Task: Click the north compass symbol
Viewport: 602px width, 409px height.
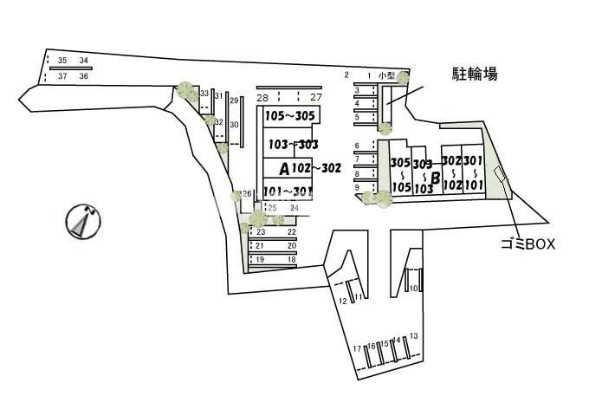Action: pos(81,222)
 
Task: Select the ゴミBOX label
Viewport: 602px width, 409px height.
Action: pos(528,244)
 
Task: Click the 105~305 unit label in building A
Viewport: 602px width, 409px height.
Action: pos(288,115)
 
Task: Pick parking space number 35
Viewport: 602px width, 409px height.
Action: pos(62,61)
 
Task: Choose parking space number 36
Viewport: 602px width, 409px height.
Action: pos(84,77)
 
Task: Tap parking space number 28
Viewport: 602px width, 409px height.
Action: pos(262,98)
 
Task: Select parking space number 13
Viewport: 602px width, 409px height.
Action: pos(414,335)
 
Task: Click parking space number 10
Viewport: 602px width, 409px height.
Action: pos(414,289)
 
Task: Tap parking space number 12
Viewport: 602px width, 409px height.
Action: pos(343,301)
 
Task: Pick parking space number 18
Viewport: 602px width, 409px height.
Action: pos(292,259)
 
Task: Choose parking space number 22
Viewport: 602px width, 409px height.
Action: pos(292,232)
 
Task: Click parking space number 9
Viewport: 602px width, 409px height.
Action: pos(357,187)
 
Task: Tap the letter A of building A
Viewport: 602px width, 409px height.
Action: pos(283,168)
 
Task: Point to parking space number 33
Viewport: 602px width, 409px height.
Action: pos(204,94)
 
